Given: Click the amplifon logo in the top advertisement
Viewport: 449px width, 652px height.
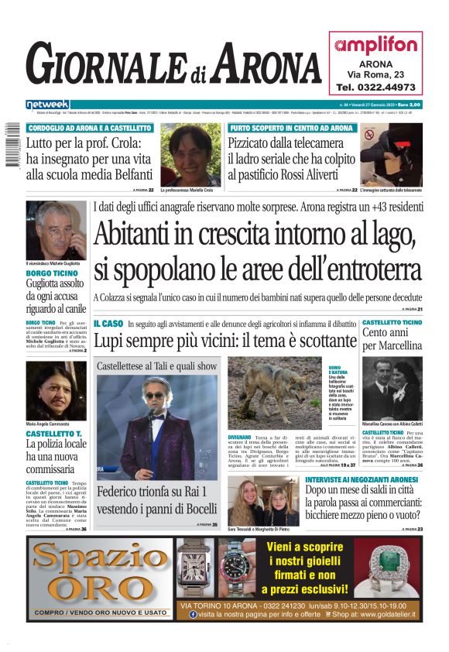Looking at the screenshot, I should point(375,45).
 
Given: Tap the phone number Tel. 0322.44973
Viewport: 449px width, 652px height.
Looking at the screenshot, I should point(375,87).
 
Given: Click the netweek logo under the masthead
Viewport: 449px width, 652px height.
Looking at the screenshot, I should point(48,105).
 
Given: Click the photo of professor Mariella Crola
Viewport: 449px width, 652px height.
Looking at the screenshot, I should point(190,153).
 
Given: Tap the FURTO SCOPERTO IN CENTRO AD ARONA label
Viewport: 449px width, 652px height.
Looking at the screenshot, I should point(290,128).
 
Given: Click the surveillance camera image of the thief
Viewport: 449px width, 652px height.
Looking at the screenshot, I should point(391,155).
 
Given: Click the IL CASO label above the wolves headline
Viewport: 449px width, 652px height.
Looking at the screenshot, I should point(108,322).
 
